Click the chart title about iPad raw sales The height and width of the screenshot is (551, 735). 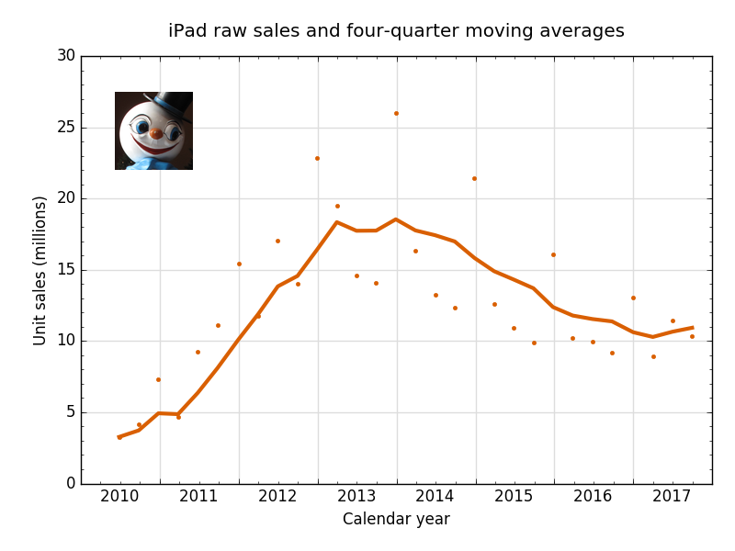pyautogui.click(x=396, y=31)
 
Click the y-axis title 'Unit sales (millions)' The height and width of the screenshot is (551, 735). pyautogui.click(x=40, y=270)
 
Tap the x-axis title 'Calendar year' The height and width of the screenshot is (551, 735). pyautogui.click(x=396, y=520)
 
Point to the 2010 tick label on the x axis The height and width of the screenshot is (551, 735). pyautogui.click(x=119, y=497)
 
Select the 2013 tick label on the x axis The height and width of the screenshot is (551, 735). pyautogui.click(x=356, y=497)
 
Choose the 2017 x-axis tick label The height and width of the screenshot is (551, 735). pyautogui.click(x=673, y=497)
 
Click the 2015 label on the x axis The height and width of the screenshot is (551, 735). pyautogui.click(x=514, y=497)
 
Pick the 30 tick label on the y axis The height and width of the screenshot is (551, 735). pyautogui.click(x=65, y=56)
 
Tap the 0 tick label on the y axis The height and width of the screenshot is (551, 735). pyautogui.click(x=70, y=484)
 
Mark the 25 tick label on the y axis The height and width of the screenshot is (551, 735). pyautogui.click(x=65, y=128)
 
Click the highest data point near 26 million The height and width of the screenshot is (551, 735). pyautogui.click(x=396, y=113)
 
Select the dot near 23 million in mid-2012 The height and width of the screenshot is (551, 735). pyautogui.click(x=317, y=158)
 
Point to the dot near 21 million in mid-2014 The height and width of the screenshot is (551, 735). pyautogui.click(x=474, y=178)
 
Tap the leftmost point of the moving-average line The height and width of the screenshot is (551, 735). pyautogui.click(x=119, y=437)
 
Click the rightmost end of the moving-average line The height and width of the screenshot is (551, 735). pyautogui.click(x=692, y=327)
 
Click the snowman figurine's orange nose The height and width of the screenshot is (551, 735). pyautogui.click(x=156, y=134)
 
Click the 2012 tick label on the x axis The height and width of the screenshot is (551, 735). pyautogui.click(x=277, y=497)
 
